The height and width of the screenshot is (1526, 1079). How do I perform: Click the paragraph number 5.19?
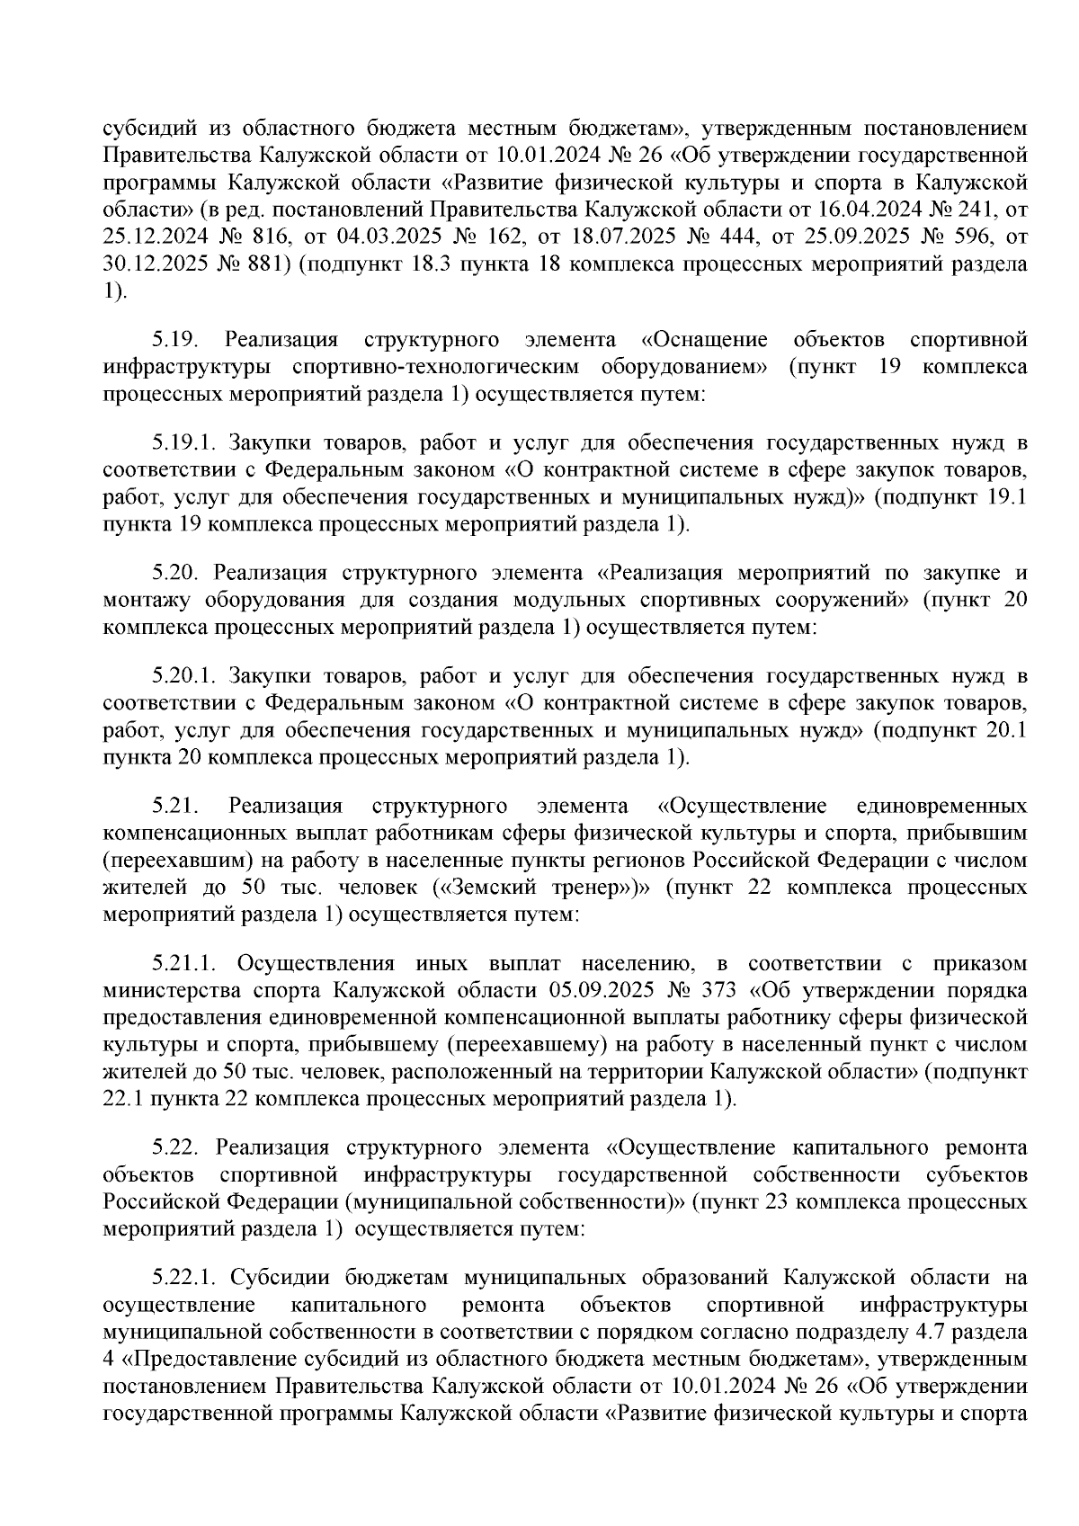172,340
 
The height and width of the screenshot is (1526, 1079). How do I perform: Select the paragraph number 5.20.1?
184,676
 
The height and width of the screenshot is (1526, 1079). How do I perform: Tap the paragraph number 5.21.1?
184,964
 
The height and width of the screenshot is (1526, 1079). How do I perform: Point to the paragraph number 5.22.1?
184,1277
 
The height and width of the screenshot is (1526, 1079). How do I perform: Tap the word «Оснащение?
705,340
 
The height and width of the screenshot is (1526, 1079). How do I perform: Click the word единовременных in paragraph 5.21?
943,804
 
